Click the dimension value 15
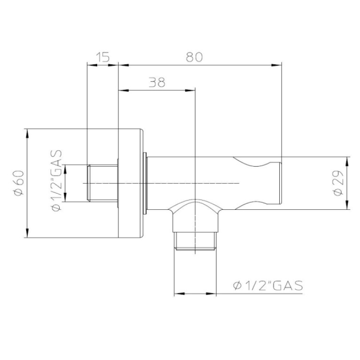click(103, 57)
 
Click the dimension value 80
click(194, 57)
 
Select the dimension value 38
click(157, 82)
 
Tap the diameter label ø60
click(19, 183)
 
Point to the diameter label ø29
click(338, 183)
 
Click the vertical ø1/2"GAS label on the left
click(57, 180)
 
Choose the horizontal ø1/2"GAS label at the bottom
click(268, 286)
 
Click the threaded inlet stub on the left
click(102, 183)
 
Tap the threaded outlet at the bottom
click(195, 241)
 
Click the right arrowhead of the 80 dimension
click(276, 65)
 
